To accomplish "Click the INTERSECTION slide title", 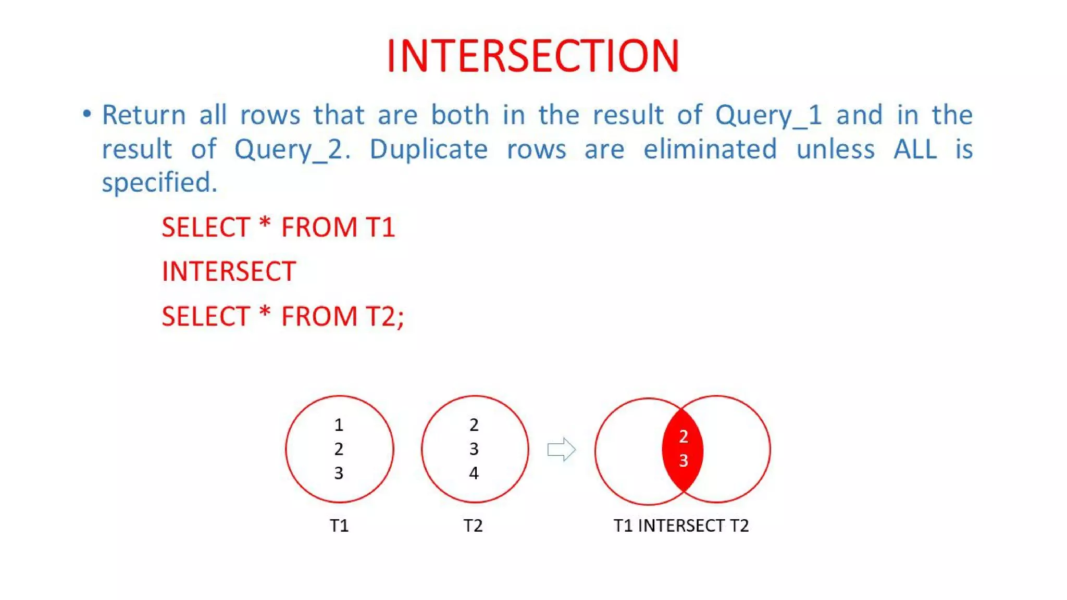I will [533, 56].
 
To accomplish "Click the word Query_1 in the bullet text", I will [768, 116].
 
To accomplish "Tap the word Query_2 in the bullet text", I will [291, 150].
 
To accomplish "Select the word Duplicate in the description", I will [428, 150].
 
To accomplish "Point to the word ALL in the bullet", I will [915, 149].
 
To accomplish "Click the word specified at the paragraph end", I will [159, 183].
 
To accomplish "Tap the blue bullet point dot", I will [87, 114].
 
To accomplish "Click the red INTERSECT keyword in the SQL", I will [229, 271].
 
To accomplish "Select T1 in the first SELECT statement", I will [380, 228].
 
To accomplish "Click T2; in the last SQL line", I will [384, 317].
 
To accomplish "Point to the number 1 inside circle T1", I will [339, 425].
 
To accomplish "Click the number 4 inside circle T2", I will [474, 473].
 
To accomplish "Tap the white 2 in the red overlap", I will [684, 436].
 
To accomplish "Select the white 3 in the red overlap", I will [684, 460].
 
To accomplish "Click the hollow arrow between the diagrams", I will [561, 449].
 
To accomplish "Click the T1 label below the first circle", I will [339, 526].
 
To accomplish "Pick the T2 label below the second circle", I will [473, 526].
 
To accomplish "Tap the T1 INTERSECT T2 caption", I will [681, 526].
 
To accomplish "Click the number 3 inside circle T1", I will [339, 473].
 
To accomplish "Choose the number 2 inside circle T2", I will [474, 425].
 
